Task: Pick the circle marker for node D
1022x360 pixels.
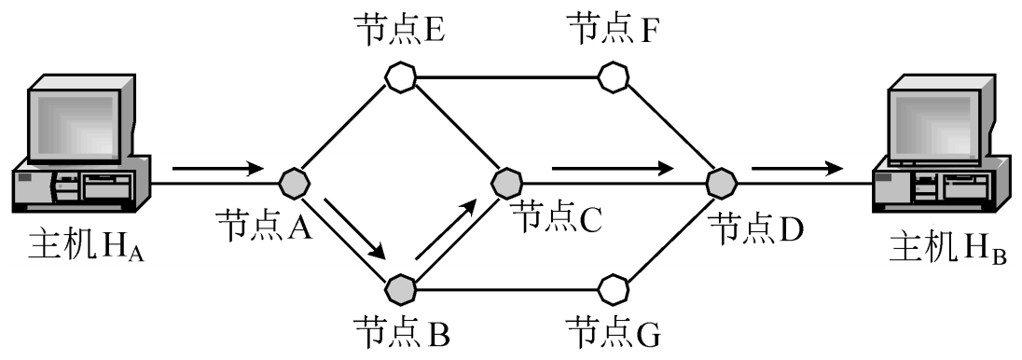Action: (x=720, y=181)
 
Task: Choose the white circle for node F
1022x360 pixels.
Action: (x=613, y=76)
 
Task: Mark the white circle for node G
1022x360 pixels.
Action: (x=613, y=287)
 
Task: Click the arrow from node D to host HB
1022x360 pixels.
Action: (x=798, y=170)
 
